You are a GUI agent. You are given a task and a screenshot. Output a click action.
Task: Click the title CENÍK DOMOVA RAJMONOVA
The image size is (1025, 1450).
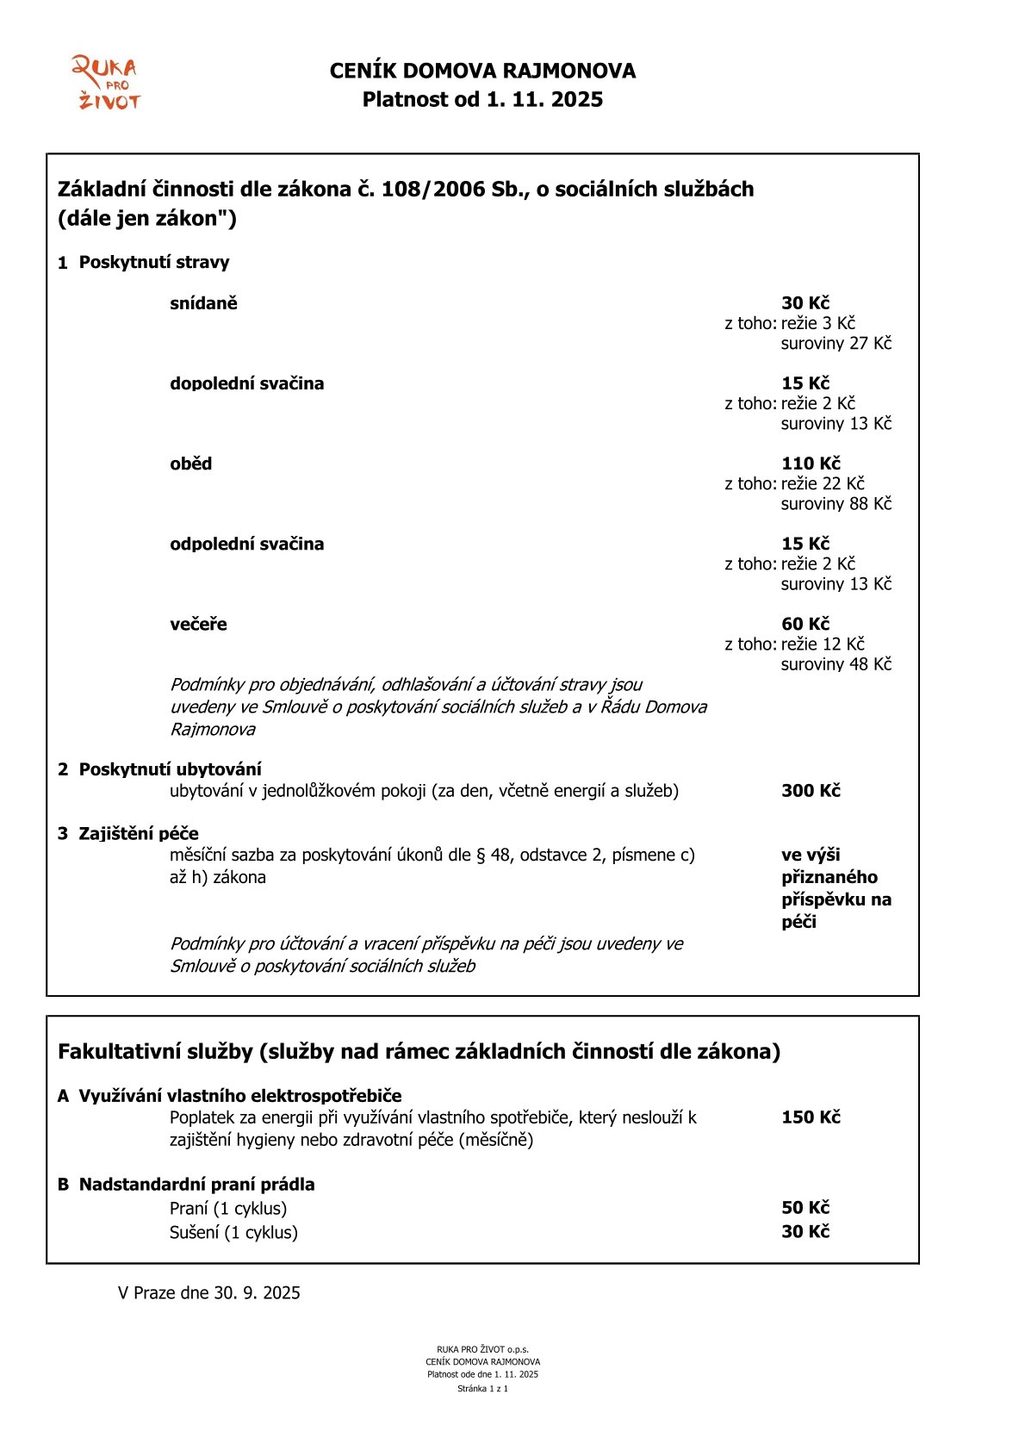pyautogui.click(x=482, y=71)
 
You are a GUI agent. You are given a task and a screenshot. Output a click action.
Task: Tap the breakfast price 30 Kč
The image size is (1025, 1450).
pyautogui.click(x=804, y=303)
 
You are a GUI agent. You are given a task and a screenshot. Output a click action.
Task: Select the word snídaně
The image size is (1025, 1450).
pyautogui.click(x=203, y=303)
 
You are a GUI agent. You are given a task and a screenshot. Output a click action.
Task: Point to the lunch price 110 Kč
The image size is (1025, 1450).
pyautogui.click(x=811, y=464)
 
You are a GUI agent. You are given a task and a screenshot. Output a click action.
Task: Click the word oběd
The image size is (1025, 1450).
pyautogui.click(x=190, y=464)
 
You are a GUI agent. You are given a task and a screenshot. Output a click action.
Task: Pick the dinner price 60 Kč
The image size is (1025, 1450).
pyautogui.click(x=804, y=624)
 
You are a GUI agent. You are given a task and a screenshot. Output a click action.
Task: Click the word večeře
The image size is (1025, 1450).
pyautogui.click(x=198, y=624)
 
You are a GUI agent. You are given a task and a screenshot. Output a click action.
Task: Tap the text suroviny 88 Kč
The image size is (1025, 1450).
pyautogui.click(x=836, y=503)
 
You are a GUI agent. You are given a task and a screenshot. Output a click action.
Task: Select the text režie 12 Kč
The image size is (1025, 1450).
pyautogui.click(x=822, y=644)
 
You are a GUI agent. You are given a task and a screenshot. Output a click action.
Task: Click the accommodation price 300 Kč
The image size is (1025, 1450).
pyautogui.click(x=811, y=791)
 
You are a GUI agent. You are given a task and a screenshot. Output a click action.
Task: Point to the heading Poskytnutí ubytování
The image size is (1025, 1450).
pyautogui.click(x=170, y=769)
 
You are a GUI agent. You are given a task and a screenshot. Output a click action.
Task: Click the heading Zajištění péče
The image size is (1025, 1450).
pyautogui.click(x=139, y=833)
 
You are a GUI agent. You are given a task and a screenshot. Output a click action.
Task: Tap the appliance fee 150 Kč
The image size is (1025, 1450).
pyautogui.click(x=811, y=1117)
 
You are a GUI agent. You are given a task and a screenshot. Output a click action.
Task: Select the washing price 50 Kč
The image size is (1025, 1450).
pyautogui.click(x=804, y=1208)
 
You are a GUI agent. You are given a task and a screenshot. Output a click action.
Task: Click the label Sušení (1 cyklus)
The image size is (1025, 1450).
pyautogui.click(x=233, y=1232)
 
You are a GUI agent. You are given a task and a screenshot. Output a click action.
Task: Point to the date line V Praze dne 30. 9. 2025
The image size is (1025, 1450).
pyautogui.click(x=209, y=1292)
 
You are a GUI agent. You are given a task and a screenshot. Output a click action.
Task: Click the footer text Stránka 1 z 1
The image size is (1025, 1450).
pyautogui.click(x=482, y=1389)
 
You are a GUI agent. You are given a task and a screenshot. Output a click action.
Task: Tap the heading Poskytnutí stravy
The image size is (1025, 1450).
pyautogui.click(x=154, y=262)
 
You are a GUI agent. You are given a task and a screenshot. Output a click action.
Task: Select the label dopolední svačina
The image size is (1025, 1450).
pyautogui.click(x=246, y=383)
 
